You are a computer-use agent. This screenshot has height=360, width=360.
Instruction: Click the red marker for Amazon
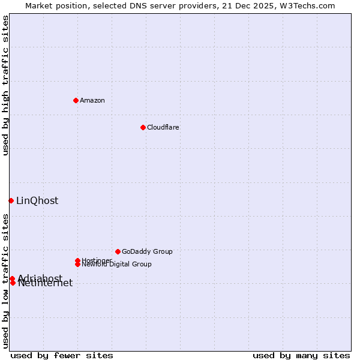coord(76,100)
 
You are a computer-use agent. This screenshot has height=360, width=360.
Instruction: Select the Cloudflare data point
coord(143,127)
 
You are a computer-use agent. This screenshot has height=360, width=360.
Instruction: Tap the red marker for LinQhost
coord(11,200)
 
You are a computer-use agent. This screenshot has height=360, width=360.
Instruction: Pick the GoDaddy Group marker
coord(118,251)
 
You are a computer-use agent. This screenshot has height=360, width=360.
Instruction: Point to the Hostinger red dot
coord(77,260)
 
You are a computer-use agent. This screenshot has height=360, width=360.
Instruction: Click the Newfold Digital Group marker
coord(78,264)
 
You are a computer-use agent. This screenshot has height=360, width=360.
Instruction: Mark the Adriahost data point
coord(12,278)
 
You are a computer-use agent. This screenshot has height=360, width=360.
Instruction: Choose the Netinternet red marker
coord(13,283)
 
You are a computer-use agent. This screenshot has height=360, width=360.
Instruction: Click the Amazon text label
coord(92,100)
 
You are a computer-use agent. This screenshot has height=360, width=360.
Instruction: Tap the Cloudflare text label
coord(163,127)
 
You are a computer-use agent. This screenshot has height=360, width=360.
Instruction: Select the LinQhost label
coord(37,201)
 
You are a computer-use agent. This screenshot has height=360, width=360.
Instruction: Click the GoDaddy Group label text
coord(147,251)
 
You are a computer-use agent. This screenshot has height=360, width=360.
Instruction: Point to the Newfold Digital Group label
coord(117,265)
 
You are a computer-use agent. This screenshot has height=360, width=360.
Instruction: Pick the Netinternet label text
coord(46,284)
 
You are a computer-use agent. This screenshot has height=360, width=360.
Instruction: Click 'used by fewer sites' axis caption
coord(62,355)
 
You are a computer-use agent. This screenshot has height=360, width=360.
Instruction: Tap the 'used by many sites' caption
coord(301,355)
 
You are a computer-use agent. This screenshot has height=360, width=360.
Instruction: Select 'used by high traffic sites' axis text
coord(6,86)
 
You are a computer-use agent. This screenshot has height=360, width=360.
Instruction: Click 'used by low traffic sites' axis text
coord(6,281)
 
